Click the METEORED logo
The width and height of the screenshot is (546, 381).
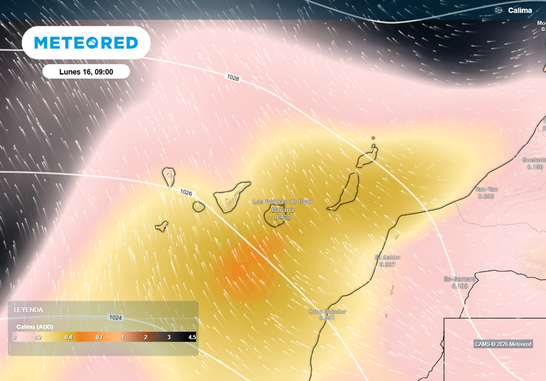pyautogui.click(x=86, y=43)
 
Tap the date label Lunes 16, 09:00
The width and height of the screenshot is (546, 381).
pyautogui.click(x=85, y=72)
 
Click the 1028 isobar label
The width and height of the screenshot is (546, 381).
pyautogui.click(x=233, y=77)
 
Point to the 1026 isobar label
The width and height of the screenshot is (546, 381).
pyautogui.click(x=186, y=193)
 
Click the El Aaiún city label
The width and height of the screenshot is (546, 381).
pyautogui.click(x=387, y=257)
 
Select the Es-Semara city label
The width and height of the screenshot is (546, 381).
pyautogui.click(x=456, y=279)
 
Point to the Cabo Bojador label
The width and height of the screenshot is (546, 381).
pyautogui.click(x=327, y=311)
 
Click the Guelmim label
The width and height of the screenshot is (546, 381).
pyautogui.click(x=534, y=160)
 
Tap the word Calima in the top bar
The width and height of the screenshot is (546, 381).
pyautogui.click(x=520, y=11)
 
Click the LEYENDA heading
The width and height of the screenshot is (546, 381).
pyautogui.click(x=28, y=310)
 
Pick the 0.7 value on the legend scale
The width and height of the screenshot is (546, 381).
pyautogui.click(x=100, y=337)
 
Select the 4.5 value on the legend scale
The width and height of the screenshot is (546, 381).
pyautogui.click(x=191, y=337)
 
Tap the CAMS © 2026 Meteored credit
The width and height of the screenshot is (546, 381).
pyautogui.click(x=503, y=345)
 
